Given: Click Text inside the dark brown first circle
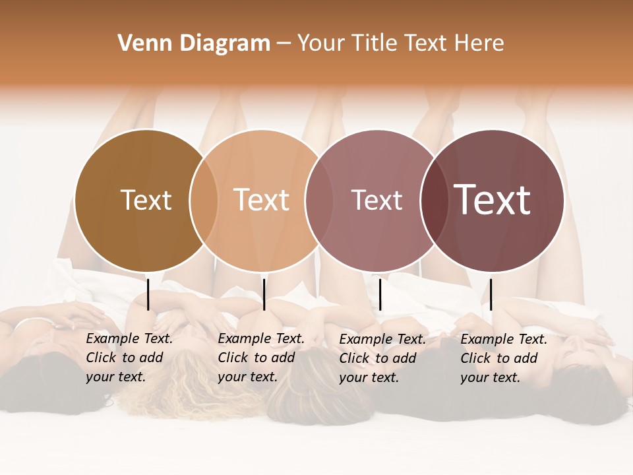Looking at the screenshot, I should [146, 200].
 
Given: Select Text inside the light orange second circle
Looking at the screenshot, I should [262, 200].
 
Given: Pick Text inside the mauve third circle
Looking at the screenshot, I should [377, 200].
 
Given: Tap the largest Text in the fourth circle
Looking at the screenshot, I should [493, 200].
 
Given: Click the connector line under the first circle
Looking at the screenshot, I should [148, 294].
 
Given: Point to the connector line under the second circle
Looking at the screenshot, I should [264, 294].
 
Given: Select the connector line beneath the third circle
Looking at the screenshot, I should [380, 294].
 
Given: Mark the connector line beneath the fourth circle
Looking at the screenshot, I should [491, 294].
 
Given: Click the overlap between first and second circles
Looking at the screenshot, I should [204, 201].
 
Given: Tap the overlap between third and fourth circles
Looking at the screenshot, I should [435, 201].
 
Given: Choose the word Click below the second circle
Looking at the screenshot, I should [233, 358].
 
